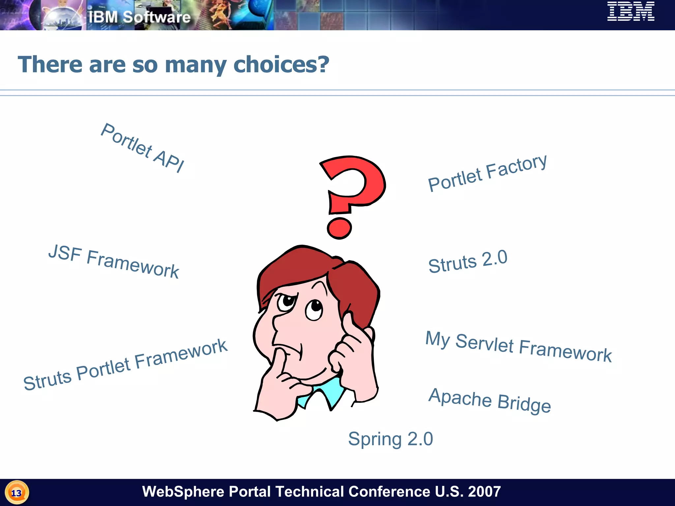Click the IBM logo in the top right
631,12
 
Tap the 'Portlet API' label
142,148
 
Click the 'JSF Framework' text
114,262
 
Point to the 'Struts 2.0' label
468,261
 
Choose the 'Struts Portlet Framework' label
125,365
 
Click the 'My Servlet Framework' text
518,347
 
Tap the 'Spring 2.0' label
391,439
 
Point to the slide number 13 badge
16,493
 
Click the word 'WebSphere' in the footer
183,492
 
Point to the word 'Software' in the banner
157,17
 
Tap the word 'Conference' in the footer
389,492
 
